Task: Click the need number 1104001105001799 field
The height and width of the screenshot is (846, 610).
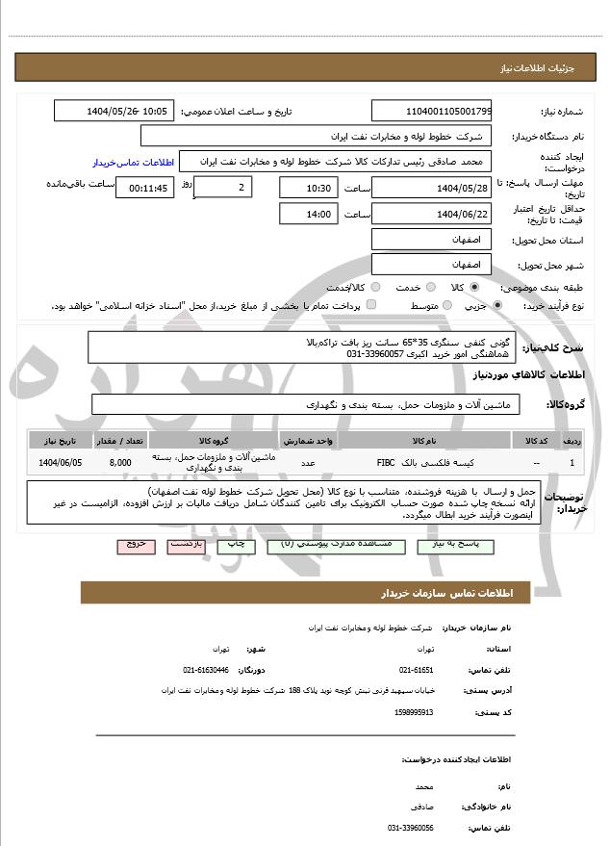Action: pyautogui.click(x=431, y=112)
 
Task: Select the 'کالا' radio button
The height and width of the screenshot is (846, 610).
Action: pyautogui.click(x=472, y=287)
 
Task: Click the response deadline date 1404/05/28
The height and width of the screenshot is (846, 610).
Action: pyautogui.click(x=431, y=188)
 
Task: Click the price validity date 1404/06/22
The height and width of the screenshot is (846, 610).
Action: pyautogui.click(x=431, y=214)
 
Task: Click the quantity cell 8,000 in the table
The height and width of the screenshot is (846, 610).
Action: pyautogui.click(x=120, y=462)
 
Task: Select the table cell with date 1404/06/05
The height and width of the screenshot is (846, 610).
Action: pyautogui.click(x=61, y=462)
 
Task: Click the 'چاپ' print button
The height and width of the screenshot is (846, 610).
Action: pyautogui.click(x=235, y=544)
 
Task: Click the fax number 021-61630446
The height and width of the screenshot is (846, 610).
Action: pyautogui.click(x=206, y=669)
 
